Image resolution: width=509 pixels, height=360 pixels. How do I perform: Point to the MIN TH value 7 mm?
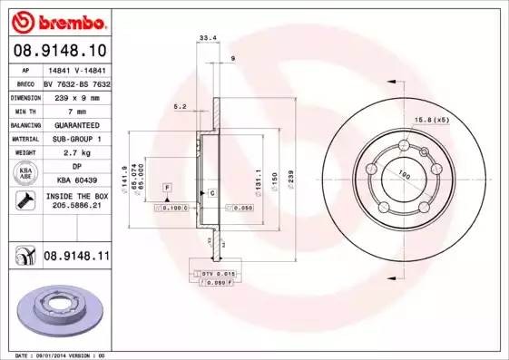(x=76, y=110)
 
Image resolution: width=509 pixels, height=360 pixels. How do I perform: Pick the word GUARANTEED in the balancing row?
(x=76, y=124)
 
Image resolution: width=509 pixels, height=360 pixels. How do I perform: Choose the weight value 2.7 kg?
(x=76, y=153)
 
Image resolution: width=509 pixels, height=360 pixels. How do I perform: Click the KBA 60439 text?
(x=76, y=180)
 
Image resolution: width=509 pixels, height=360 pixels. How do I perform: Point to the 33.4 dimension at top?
(x=206, y=38)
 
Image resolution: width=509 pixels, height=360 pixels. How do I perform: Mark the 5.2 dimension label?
(x=180, y=107)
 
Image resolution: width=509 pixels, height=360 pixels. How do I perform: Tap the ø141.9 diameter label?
(x=123, y=172)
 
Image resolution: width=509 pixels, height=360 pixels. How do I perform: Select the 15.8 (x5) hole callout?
(x=432, y=120)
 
